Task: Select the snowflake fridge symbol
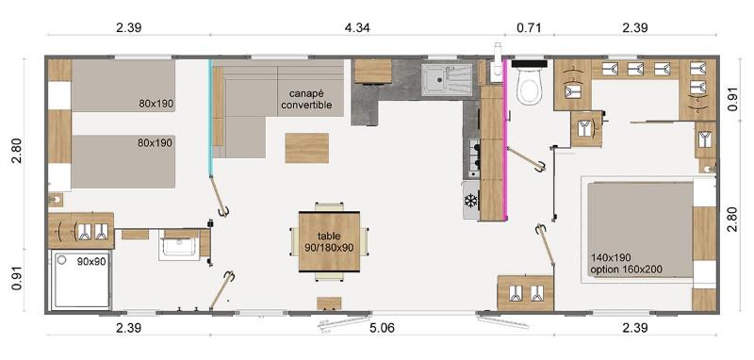(x=470, y=202)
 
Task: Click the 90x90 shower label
(x=91, y=261)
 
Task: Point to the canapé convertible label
(x=307, y=99)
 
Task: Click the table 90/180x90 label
(x=329, y=242)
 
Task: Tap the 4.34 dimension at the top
(x=358, y=27)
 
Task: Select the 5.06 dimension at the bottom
(x=383, y=328)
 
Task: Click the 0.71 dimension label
(x=529, y=27)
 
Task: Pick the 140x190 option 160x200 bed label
(x=626, y=263)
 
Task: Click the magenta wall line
(x=505, y=139)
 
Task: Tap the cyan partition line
(x=210, y=116)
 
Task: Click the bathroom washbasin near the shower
(x=179, y=245)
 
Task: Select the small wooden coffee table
(x=307, y=148)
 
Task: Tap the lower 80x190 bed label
(x=153, y=142)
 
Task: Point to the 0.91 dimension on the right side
(x=732, y=99)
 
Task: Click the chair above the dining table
(x=329, y=206)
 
